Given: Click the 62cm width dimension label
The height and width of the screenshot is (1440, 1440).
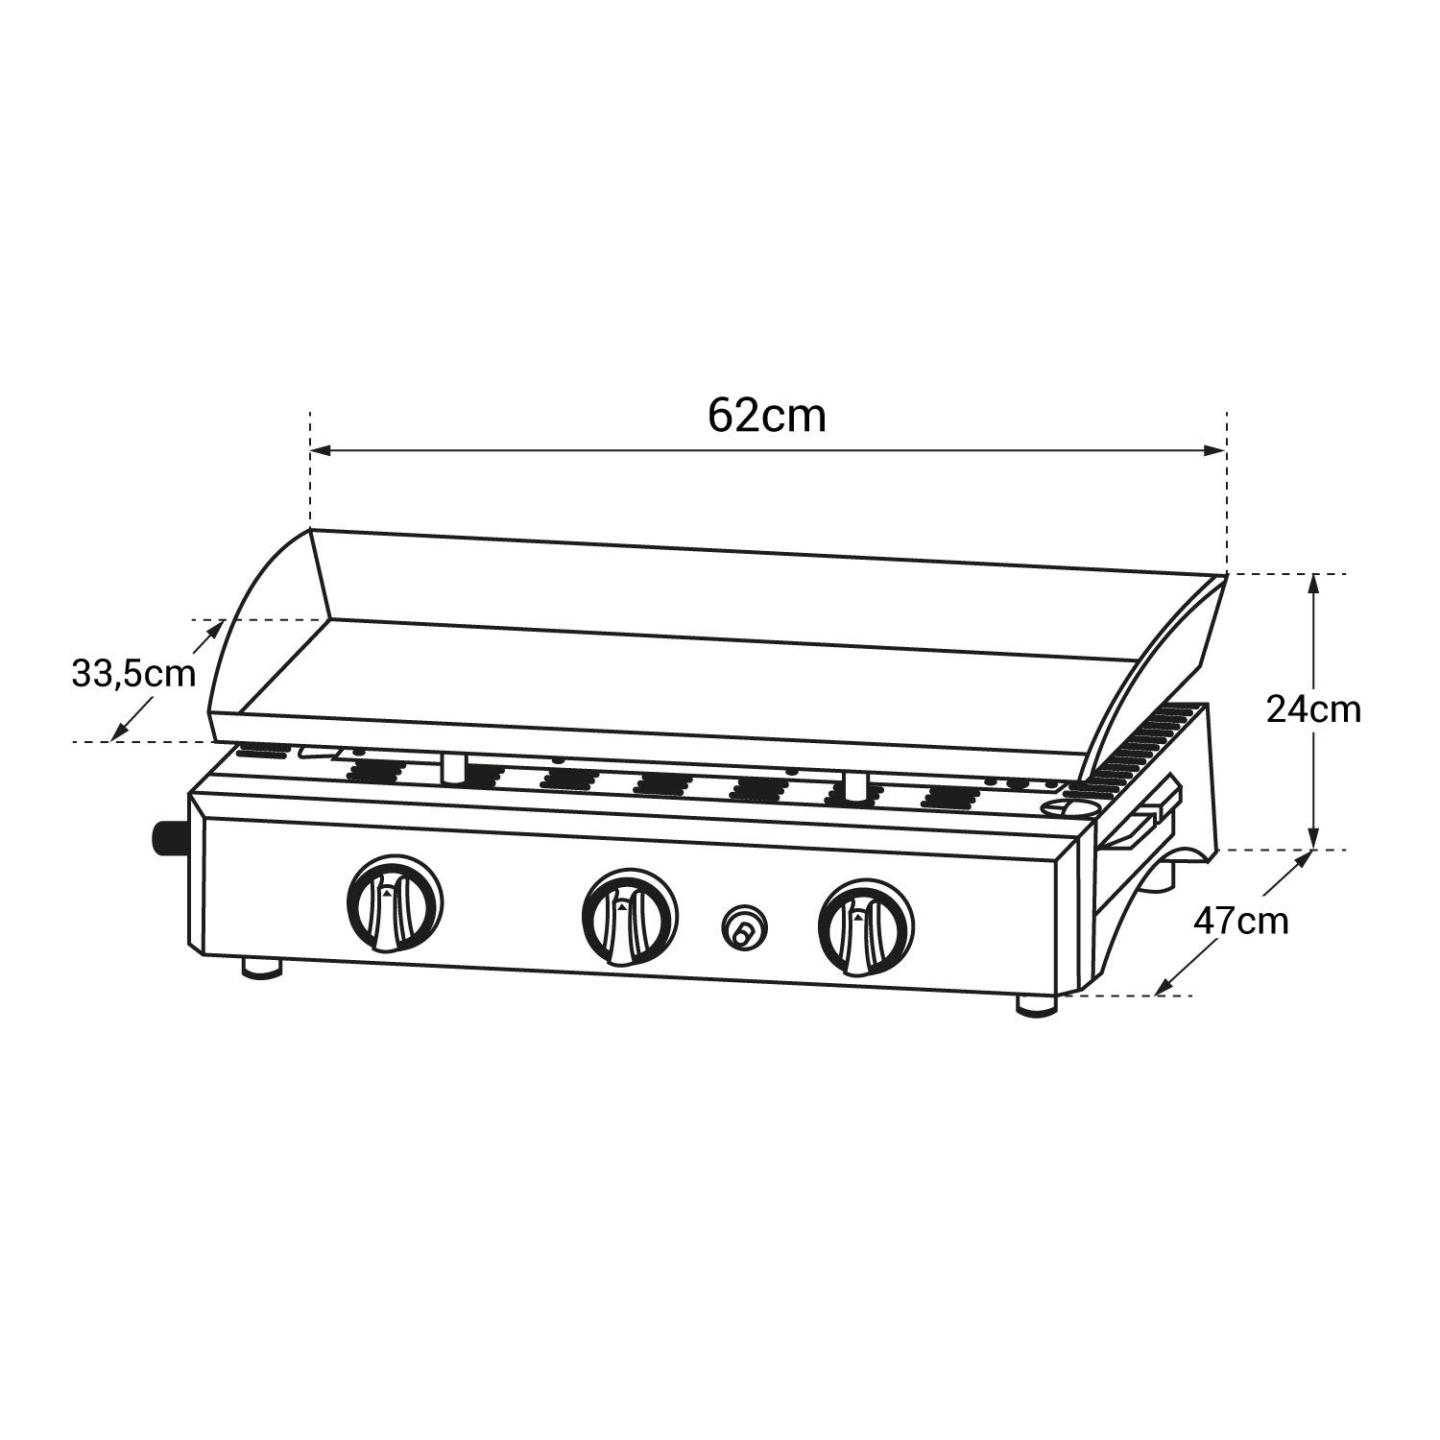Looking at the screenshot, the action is (x=766, y=416).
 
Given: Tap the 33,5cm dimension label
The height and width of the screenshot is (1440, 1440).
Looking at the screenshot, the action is (x=133, y=674).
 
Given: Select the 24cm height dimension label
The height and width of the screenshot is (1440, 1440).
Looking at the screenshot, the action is (x=1313, y=709).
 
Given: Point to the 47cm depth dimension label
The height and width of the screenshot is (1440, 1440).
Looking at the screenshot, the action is (x=1240, y=922).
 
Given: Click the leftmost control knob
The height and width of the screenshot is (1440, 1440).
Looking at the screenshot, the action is (x=395, y=902).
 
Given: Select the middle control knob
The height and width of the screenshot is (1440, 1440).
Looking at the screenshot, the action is (x=630, y=916).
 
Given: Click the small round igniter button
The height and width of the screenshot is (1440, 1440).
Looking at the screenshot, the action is (x=744, y=928).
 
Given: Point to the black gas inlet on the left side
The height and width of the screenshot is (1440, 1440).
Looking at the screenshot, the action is (x=169, y=839).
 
